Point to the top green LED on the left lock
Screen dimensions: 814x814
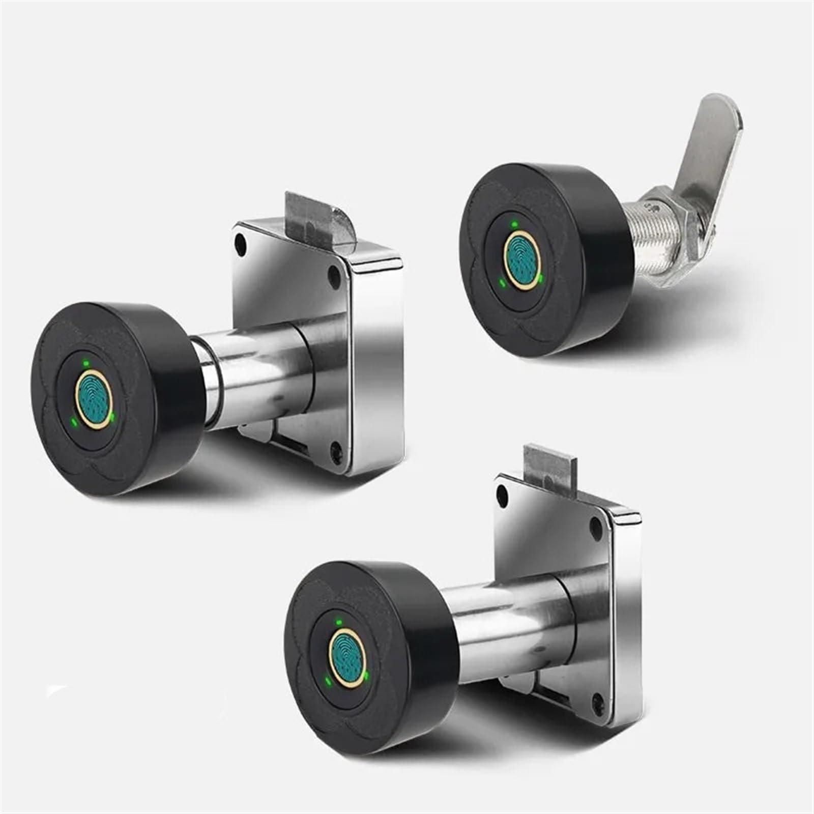(x=86, y=363)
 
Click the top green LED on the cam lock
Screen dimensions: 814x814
(x=514, y=223)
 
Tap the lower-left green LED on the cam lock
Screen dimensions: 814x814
(x=502, y=283)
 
